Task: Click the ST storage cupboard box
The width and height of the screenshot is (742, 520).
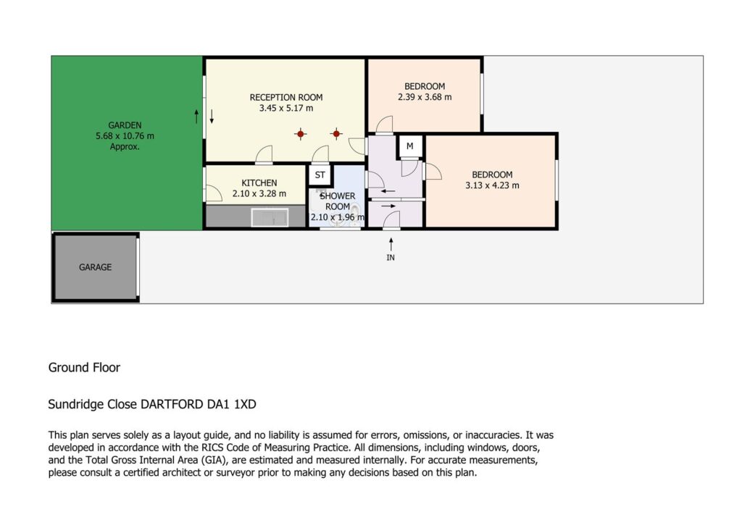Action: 320,175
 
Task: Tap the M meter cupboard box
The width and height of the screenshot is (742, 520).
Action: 410,146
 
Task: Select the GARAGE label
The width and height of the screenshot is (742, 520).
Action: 96,267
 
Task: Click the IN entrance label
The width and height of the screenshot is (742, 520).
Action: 391,257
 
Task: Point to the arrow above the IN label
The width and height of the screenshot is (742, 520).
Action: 391,244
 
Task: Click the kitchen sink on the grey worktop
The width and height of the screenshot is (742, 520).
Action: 270,218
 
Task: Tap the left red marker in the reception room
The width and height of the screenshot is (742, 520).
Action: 301,134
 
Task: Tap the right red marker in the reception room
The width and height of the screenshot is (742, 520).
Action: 336,134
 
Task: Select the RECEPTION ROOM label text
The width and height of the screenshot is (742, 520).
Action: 286,98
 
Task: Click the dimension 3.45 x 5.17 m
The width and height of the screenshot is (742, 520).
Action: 286,109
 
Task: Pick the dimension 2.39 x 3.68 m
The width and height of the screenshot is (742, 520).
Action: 425,97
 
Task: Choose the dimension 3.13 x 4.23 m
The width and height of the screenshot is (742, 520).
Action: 492,185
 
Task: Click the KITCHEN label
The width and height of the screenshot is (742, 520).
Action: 259,183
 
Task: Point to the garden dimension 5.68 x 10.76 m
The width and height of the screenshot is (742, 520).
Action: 125,136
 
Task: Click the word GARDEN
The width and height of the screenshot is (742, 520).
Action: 125,125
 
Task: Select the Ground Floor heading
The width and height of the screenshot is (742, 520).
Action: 84,368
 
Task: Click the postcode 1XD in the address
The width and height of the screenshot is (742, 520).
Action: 245,405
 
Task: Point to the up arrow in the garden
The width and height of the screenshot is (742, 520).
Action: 196,117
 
